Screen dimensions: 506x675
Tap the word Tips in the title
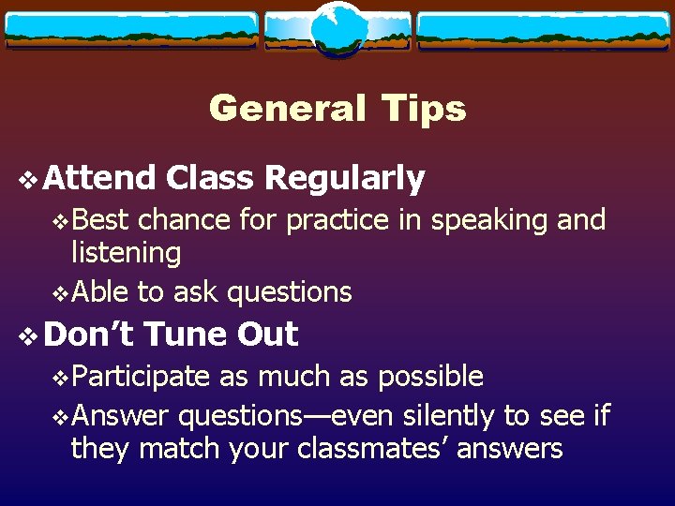coord(424,109)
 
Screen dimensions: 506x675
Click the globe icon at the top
coord(337,28)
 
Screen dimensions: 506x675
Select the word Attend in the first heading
coord(99,177)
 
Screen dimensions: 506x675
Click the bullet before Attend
coord(27,178)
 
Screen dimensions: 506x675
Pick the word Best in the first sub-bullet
coord(100,220)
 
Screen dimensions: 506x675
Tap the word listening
coord(126,253)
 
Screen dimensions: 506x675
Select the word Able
coord(100,292)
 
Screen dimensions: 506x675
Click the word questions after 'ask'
coord(290,293)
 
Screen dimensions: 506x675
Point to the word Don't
coord(89,334)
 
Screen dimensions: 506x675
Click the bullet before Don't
coord(27,335)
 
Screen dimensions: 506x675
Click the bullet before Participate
coord(61,377)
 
